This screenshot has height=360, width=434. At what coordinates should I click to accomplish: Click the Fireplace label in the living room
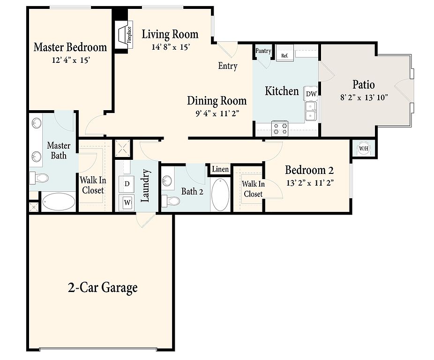(x=129, y=35)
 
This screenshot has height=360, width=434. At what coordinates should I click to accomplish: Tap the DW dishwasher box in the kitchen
(x=311, y=94)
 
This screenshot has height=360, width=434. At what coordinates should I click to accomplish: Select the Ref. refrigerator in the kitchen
(x=285, y=55)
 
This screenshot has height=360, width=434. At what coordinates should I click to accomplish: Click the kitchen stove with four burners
(x=280, y=129)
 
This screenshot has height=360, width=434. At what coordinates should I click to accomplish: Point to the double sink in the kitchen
(x=311, y=111)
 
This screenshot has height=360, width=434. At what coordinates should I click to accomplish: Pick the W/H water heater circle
(x=364, y=149)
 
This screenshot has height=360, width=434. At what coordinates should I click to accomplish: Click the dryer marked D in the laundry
(x=127, y=184)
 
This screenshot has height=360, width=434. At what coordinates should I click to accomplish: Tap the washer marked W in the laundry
(x=127, y=202)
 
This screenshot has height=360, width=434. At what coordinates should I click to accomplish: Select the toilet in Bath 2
(x=171, y=201)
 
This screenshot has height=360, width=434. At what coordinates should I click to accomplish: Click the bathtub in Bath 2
(x=220, y=194)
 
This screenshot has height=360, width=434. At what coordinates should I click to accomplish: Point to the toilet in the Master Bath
(x=39, y=178)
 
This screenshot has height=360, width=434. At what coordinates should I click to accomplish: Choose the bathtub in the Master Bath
(x=59, y=201)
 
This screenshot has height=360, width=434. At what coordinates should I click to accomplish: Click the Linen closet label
(x=220, y=169)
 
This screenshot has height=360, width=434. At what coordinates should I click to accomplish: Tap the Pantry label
(x=263, y=51)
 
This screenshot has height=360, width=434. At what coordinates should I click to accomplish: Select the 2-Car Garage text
(x=103, y=287)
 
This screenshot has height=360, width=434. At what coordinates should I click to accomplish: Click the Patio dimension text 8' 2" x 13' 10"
(x=364, y=97)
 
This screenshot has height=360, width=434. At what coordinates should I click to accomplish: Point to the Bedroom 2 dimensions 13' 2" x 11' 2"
(x=310, y=183)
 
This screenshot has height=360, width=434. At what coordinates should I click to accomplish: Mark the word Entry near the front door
(x=227, y=66)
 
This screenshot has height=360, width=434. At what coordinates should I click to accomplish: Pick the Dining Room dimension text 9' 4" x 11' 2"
(x=217, y=113)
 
